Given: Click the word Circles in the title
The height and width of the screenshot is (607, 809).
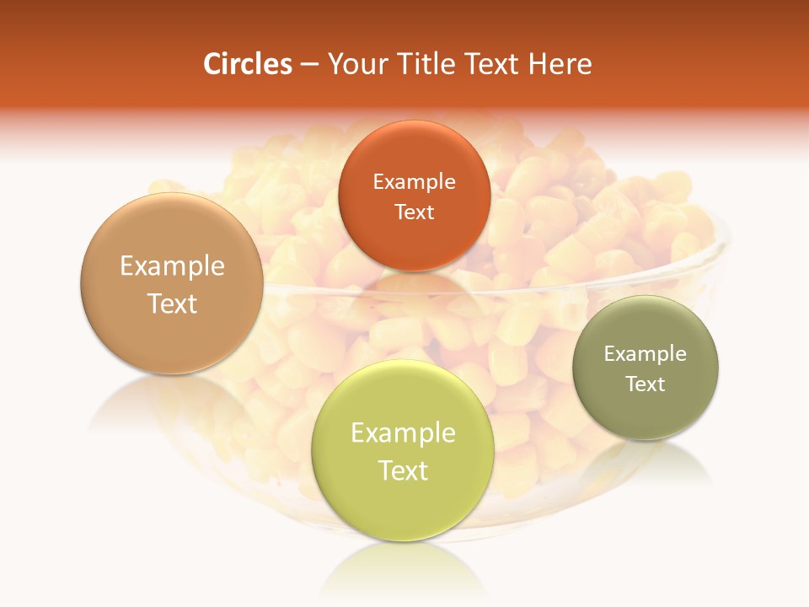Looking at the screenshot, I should tap(247, 64).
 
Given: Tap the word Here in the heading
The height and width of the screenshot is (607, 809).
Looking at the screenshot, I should tap(560, 64).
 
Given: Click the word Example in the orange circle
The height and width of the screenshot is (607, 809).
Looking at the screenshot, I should tap(415, 181).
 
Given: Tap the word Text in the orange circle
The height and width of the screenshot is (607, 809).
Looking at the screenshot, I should tap(415, 212).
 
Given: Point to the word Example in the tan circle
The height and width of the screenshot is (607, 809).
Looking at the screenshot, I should tap(172, 266).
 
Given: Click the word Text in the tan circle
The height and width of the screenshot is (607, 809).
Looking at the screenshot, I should tap(172, 303).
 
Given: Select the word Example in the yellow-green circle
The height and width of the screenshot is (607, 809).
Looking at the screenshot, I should tap(403, 433).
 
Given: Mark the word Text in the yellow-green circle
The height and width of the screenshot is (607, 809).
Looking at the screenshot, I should tap(403, 470).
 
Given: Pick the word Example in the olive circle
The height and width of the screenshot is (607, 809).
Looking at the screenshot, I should tap(646, 354).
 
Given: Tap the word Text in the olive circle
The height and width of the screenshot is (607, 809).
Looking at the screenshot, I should tap(646, 384).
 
